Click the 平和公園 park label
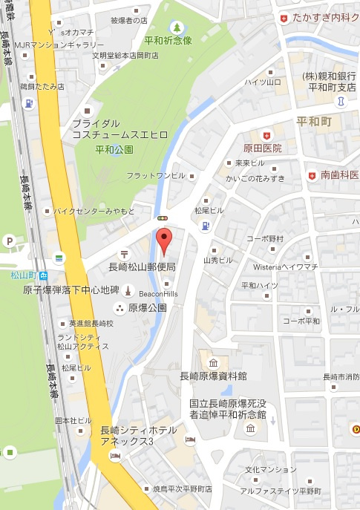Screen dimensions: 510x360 tap(114, 149)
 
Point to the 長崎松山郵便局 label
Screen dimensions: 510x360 tap(142, 267)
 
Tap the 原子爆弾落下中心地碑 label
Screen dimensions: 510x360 tap(71, 290)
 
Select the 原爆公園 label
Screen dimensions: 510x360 tap(146, 307)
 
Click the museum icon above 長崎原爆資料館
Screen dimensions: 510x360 tap(214, 363)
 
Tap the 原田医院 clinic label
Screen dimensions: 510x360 tap(263, 148)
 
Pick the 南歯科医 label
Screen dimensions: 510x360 tap(339, 175)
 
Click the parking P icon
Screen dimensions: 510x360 tap(10, 241)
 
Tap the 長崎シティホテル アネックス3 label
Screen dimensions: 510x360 tap(139, 436)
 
